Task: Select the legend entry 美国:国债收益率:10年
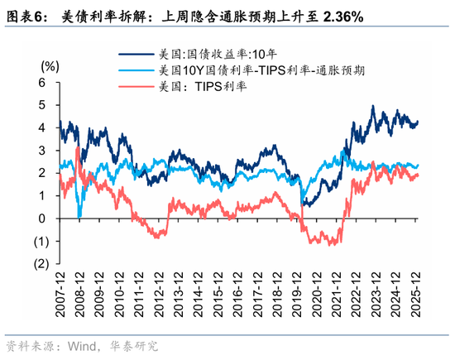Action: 203,55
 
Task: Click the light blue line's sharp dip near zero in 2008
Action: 79,216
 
